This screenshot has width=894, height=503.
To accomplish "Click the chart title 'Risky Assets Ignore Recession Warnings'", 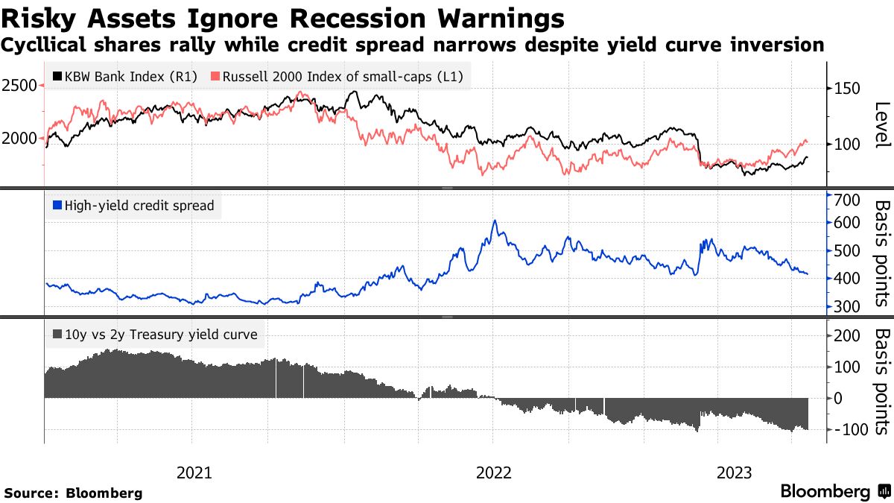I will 282,16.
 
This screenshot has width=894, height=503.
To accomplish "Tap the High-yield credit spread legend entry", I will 133,206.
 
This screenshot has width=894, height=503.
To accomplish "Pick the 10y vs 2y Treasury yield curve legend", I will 155,335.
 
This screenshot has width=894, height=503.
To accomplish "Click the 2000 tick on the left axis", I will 19,139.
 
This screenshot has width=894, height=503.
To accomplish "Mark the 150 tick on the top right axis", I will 846,89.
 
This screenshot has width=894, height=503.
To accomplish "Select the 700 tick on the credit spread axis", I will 848,199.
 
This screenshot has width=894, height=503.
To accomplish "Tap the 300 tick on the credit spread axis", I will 848,306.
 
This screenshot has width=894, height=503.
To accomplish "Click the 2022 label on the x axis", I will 493,472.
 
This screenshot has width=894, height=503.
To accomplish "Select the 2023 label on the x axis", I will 735,472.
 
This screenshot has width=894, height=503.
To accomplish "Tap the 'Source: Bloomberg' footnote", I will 73,493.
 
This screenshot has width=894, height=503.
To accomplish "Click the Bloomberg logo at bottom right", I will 834,492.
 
